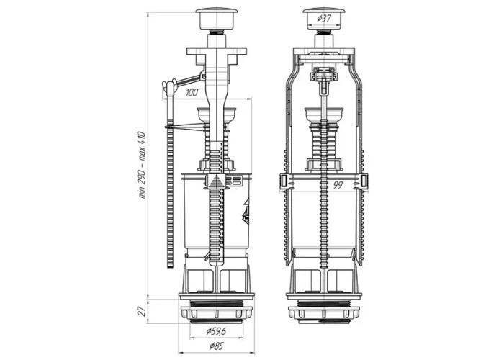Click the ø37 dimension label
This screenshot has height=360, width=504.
[324, 19]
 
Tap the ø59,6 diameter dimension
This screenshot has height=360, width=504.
[216, 330]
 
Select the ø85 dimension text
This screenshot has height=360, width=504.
[216, 346]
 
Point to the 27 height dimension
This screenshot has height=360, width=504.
[143, 311]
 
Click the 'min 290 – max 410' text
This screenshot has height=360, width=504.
[142, 165]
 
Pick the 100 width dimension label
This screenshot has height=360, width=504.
[192, 93]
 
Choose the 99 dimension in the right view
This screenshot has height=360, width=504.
[338, 185]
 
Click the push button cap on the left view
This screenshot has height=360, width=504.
[217, 19]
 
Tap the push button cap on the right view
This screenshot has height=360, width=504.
[324, 19]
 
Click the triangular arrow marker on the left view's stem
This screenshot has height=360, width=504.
[217, 181]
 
